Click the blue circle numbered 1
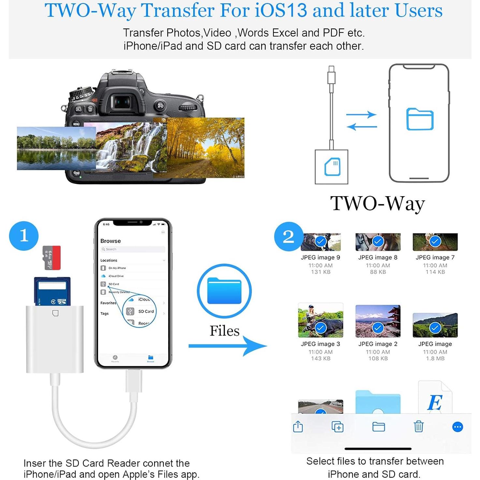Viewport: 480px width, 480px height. [x=24, y=236]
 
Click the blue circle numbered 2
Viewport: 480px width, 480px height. [x=288, y=236]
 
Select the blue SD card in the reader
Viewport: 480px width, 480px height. [x=52, y=291]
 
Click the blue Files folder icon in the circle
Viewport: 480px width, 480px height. [x=224, y=291]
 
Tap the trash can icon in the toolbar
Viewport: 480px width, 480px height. [x=418, y=426]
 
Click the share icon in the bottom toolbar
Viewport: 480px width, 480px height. [x=298, y=426]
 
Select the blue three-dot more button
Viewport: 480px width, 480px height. [x=458, y=427]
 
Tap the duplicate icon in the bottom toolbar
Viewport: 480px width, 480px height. [x=337, y=427]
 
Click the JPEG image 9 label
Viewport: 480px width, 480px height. [x=320, y=257]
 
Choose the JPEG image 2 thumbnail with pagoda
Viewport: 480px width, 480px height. [x=378, y=321]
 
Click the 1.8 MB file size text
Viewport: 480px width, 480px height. [x=435, y=358]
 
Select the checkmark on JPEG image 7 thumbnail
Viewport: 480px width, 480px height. [x=435, y=241]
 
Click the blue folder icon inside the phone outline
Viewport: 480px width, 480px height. [x=420, y=119]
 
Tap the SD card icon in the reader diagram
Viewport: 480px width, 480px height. [x=332, y=167]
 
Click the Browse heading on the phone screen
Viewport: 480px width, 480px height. [x=110, y=241]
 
